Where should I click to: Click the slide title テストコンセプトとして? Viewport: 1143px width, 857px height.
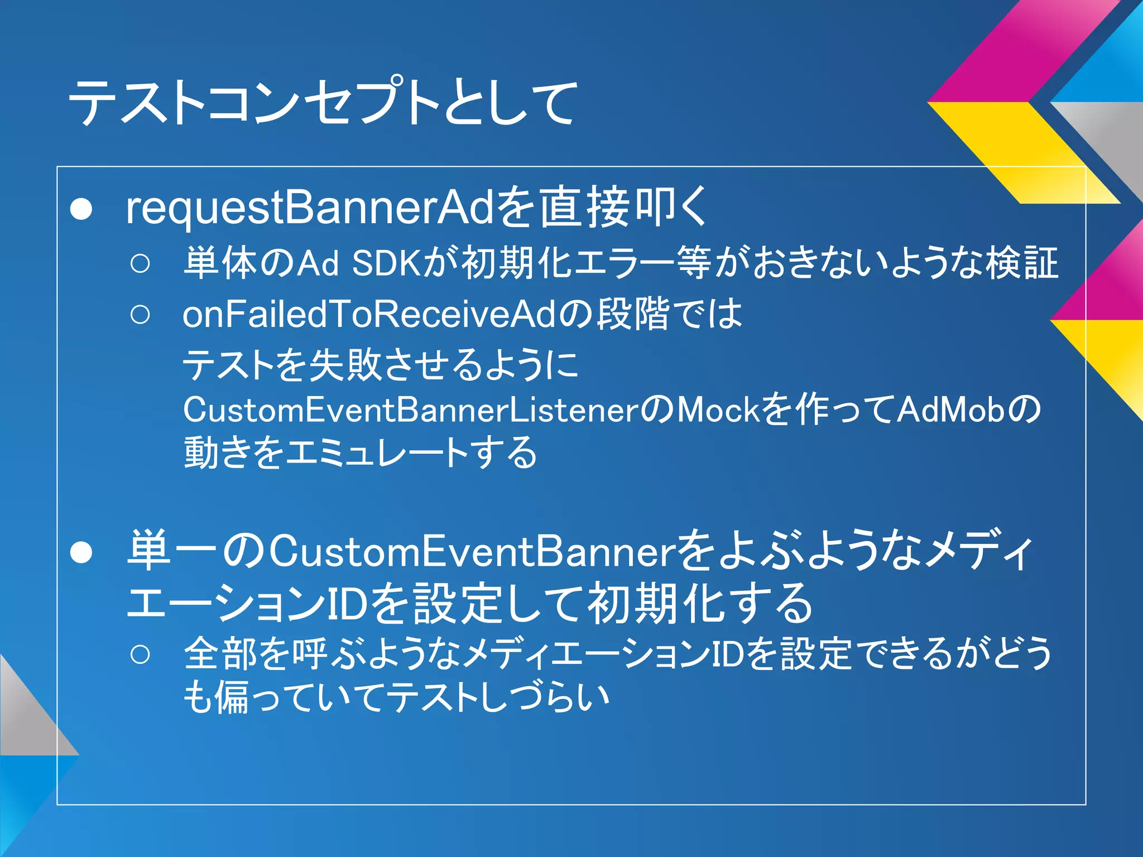(323, 102)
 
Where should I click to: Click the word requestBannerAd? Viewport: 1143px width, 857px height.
(309, 208)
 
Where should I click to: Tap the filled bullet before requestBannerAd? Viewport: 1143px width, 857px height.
(81, 209)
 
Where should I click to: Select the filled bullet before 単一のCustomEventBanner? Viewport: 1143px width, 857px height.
(81, 552)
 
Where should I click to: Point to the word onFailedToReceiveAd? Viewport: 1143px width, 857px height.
(369, 314)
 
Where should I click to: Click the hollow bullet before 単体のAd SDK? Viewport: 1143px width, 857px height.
(140, 263)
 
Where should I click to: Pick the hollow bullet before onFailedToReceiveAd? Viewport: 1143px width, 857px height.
(140, 315)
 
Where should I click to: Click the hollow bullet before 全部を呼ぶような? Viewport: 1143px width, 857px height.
(140, 654)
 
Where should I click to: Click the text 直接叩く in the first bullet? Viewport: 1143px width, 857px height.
(624, 208)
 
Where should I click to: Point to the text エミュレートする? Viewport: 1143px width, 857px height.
(411, 452)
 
